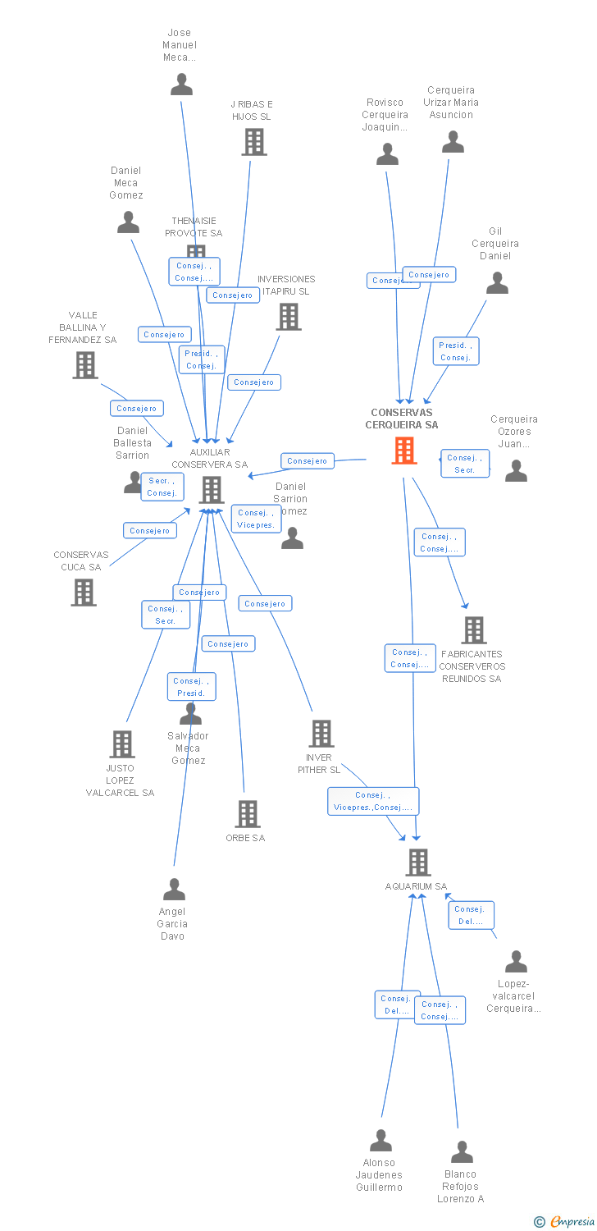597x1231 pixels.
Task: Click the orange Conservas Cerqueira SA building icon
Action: [x=404, y=451]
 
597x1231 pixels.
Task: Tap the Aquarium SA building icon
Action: [x=418, y=863]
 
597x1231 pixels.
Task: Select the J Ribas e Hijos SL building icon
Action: [x=254, y=142]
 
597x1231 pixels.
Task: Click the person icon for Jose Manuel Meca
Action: [x=181, y=84]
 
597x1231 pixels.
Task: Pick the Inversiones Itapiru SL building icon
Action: [x=289, y=317]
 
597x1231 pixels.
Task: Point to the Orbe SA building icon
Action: [x=248, y=814]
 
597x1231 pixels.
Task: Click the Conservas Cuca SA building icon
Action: [x=84, y=592]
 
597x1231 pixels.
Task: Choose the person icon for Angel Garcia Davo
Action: [x=174, y=890]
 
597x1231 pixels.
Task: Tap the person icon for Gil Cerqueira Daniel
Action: [x=497, y=283]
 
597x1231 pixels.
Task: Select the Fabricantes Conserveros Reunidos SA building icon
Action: [x=474, y=630]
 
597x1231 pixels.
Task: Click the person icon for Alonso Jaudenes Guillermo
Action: [x=381, y=1141]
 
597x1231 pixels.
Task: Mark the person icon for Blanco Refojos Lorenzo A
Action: [x=462, y=1152]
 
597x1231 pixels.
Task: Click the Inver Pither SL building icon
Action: [x=321, y=734]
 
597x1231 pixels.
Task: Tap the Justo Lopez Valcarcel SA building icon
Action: [x=122, y=744]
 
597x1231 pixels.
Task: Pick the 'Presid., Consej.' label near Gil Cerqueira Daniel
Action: [x=456, y=351]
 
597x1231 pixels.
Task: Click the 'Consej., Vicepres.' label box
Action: [x=257, y=519]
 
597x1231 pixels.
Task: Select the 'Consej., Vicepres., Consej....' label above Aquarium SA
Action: [x=373, y=801]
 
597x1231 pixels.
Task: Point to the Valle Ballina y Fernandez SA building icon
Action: [x=85, y=365]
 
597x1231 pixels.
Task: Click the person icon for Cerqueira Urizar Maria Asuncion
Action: [x=453, y=142]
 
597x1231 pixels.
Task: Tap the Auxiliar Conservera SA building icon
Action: [x=212, y=490]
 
